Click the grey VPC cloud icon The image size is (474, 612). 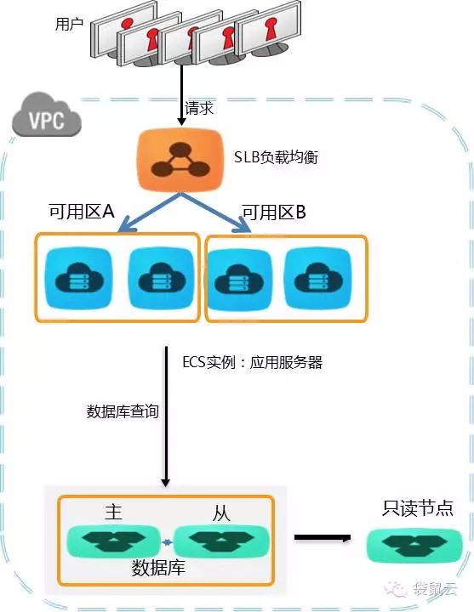(x=46, y=116)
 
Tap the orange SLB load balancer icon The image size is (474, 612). (x=180, y=160)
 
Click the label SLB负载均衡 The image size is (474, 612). (x=276, y=157)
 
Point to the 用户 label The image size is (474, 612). (x=69, y=24)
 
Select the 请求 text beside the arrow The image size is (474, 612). (x=199, y=108)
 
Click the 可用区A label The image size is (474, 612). (x=82, y=212)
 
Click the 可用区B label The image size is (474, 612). (x=274, y=212)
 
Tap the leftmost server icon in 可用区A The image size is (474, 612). (x=79, y=278)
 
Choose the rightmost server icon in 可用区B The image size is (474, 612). (x=318, y=279)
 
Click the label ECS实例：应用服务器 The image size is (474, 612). (x=253, y=363)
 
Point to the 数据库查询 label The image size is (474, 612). (x=123, y=411)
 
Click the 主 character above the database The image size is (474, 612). (x=114, y=512)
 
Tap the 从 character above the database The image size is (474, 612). (x=221, y=513)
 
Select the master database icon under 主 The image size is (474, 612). (x=114, y=541)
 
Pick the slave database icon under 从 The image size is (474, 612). (x=221, y=541)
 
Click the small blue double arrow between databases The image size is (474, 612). (x=168, y=542)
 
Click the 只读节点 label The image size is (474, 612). (x=418, y=508)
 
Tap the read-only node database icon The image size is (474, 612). (x=414, y=545)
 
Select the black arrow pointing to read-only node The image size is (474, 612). (x=323, y=538)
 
